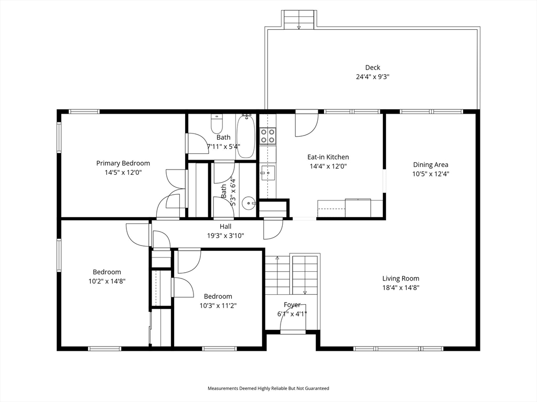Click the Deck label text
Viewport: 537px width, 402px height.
coord(373,68)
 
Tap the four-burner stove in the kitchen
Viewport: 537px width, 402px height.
coord(268,136)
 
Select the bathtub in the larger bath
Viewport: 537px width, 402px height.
coord(246,136)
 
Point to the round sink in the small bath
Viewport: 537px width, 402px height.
coord(248,204)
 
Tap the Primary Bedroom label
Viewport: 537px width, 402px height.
coord(123,163)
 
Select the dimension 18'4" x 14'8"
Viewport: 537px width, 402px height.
coord(401,288)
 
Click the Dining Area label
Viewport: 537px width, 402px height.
coord(431,165)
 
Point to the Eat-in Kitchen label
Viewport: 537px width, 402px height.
coord(328,157)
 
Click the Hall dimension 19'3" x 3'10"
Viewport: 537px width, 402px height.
coord(225,236)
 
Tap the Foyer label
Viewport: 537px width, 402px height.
coord(292,305)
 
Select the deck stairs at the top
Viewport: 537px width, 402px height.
coord(298,20)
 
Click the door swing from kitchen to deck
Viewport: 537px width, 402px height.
coord(307,125)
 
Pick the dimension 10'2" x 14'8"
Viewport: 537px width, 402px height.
coord(107,281)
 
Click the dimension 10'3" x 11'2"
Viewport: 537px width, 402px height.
coord(218,306)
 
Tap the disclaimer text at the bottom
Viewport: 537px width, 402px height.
coord(268,388)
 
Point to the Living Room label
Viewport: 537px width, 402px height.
coord(401,278)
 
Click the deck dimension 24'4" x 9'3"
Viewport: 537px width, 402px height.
coord(373,77)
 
